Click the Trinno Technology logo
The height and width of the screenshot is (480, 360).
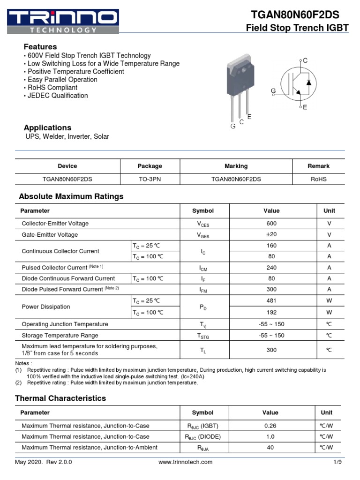tap(63, 22)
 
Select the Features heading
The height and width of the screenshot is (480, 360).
tap(40, 47)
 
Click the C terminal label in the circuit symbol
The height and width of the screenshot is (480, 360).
tap(305, 60)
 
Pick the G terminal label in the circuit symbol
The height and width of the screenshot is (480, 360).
tap(273, 90)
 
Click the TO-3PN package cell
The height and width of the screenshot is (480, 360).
tap(150, 179)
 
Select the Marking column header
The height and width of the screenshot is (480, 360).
tap(236, 166)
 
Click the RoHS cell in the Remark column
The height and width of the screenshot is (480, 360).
tap(318, 179)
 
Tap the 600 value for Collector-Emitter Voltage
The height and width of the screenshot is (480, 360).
tap(271, 224)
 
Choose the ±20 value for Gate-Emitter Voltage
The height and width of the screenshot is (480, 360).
tap(271, 235)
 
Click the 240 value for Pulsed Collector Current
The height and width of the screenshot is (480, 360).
tap(271, 268)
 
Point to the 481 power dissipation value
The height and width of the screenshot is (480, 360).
tap(271, 301)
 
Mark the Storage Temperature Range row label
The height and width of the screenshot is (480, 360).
tap(60, 336)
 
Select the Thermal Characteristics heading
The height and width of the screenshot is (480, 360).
tap(60, 398)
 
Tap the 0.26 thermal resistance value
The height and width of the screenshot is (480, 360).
tap(270, 426)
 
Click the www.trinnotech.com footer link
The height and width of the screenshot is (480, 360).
tap(185, 462)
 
